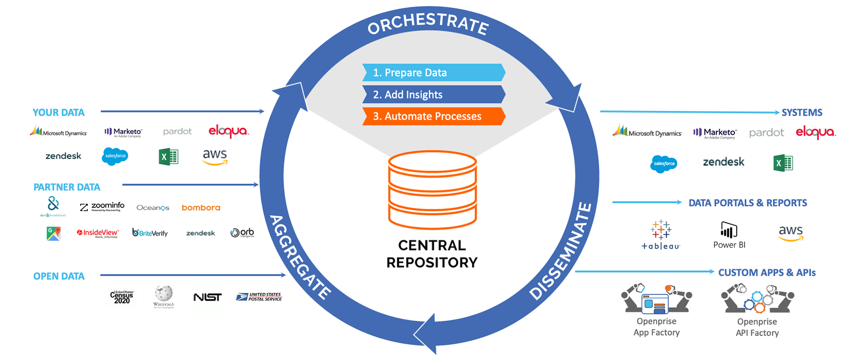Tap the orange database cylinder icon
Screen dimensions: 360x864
coord(432,189)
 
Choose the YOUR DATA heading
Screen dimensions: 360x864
coord(59,112)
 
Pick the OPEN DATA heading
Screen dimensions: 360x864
coord(59,276)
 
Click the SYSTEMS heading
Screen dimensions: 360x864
coord(802,112)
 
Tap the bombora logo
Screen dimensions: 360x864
coord(201,208)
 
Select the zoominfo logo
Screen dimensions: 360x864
coord(102,207)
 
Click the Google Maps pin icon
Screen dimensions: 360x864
coord(54,233)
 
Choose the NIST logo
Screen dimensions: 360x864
coord(207,298)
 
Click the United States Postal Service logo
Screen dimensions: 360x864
coord(259,297)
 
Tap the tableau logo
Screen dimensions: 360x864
coord(661,235)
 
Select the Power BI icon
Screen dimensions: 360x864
coord(729,230)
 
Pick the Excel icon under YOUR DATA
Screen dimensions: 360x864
coord(168,156)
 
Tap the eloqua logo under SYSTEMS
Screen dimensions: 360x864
coord(816,132)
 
